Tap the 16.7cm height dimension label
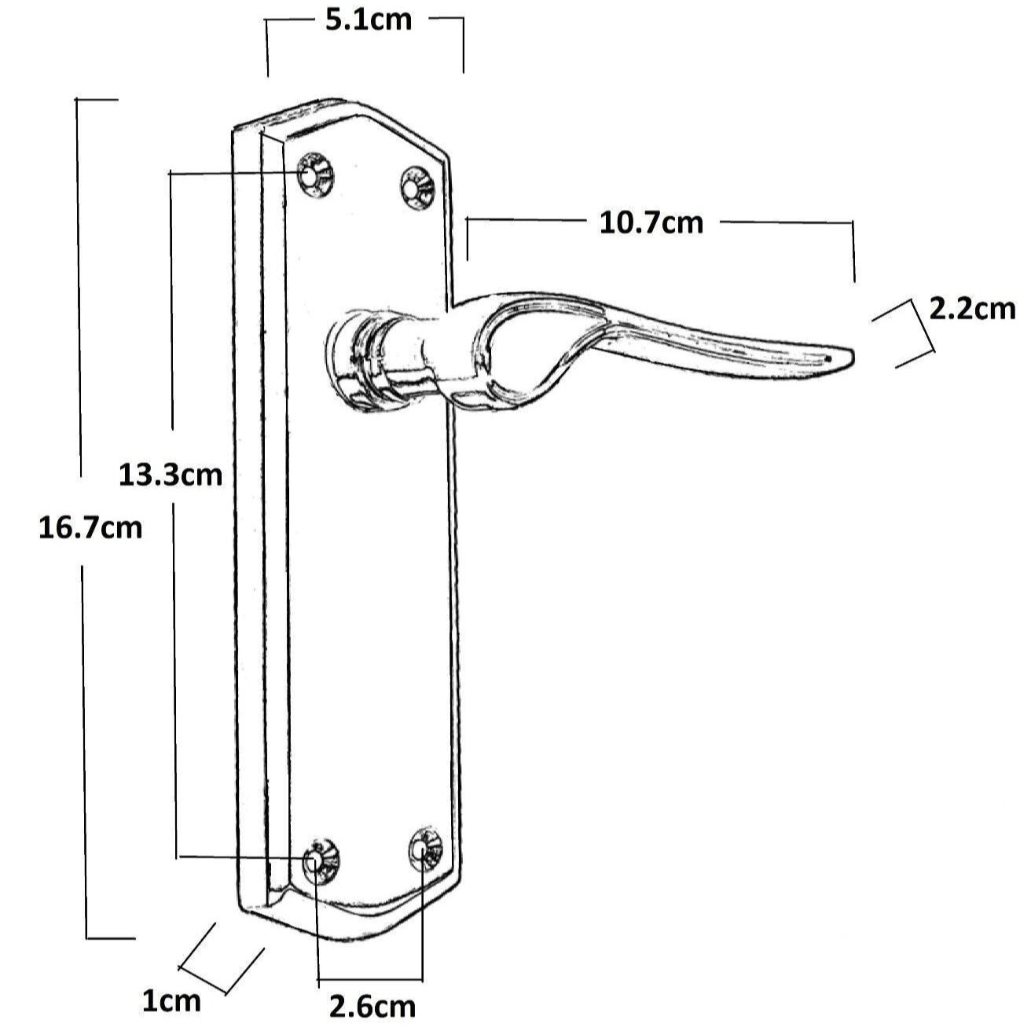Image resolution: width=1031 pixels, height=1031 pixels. pyautogui.click(x=90, y=527)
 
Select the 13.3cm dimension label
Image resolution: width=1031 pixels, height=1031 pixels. pyautogui.click(x=171, y=475)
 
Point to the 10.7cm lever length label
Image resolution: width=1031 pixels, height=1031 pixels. pyautogui.click(x=651, y=223)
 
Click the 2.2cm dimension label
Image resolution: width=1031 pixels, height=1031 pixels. pyautogui.click(x=972, y=309)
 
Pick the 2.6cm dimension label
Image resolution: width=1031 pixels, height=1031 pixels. pyautogui.click(x=372, y=1006)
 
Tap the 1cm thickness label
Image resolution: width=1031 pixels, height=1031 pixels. pyautogui.click(x=171, y=1001)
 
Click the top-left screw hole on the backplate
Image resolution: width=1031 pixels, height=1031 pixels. pyautogui.click(x=315, y=177)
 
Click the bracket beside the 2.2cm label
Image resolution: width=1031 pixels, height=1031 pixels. pyautogui.click(x=912, y=334)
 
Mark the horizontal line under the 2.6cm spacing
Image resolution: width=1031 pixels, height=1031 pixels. pyautogui.click(x=370, y=980)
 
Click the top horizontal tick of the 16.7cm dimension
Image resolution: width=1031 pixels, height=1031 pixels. pyautogui.click(x=97, y=100)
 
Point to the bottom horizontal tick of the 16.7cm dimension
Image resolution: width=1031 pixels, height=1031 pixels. pyautogui.click(x=110, y=937)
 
